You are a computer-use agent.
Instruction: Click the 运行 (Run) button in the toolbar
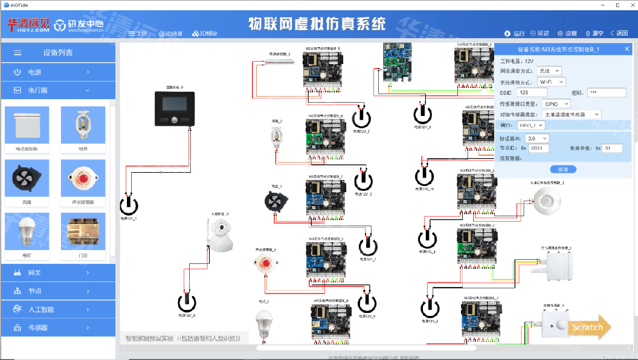coord(515,33)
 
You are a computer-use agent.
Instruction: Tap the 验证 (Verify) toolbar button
coord(540,33)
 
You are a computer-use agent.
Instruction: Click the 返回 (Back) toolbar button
coord(619,33)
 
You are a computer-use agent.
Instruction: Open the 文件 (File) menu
coord(138,33)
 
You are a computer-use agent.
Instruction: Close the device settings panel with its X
coord(627,50)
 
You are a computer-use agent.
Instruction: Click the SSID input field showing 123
coord(532,92)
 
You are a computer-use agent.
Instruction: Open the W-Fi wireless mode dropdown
coord(551,82)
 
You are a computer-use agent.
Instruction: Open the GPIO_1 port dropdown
coord(530,125)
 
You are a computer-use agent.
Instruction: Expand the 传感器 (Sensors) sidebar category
coord(58,328)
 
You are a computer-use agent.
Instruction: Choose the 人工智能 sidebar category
coord(58,309)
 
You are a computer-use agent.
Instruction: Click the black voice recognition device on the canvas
coord(172,109)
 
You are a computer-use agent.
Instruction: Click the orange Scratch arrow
coord(588,327)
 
